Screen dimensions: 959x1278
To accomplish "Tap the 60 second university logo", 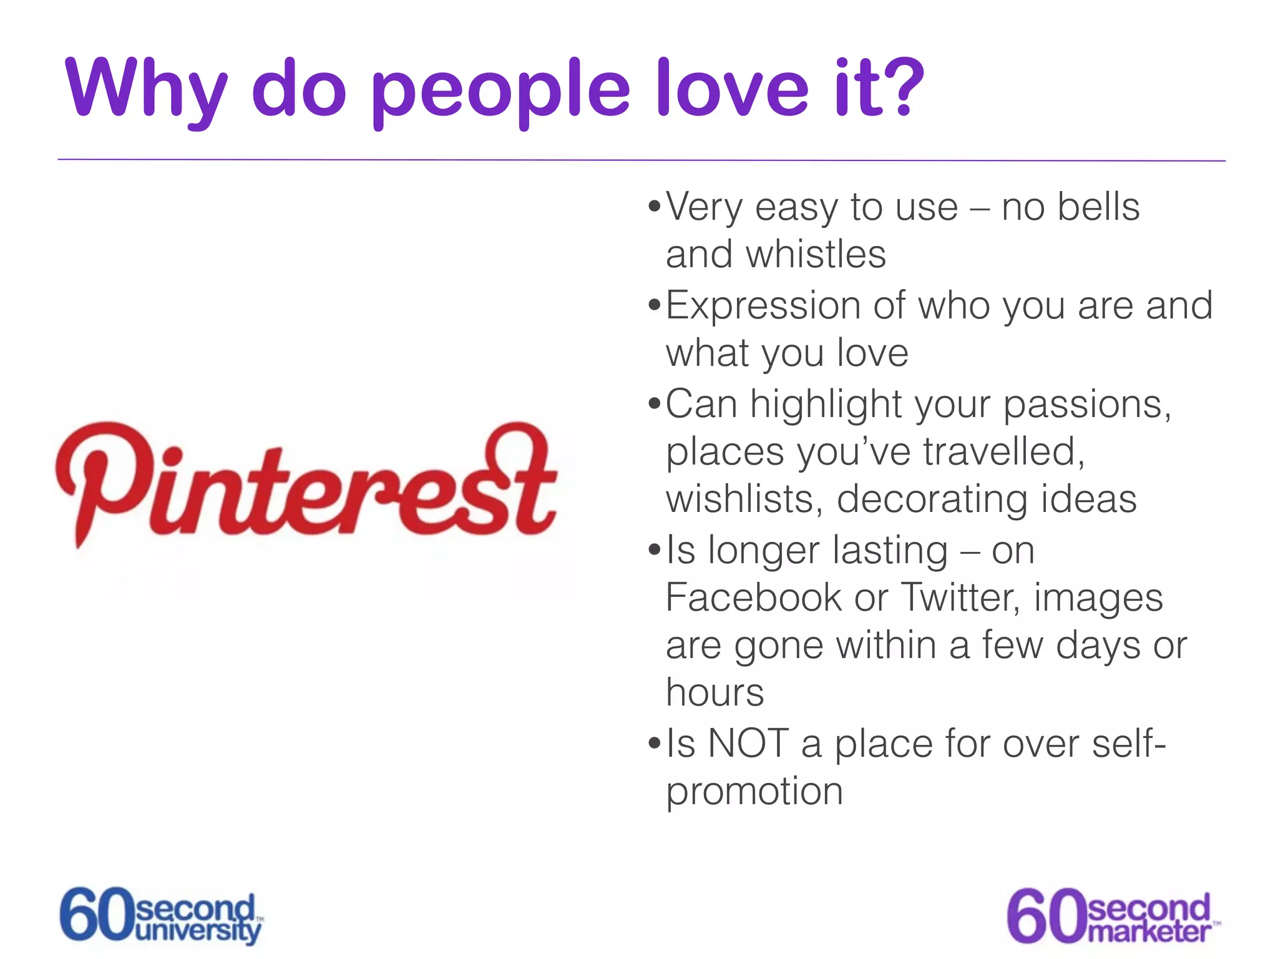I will tap(161, 915).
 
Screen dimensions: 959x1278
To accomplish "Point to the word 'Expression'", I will tap(763, 306).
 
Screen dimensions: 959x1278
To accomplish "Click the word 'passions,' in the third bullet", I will tap(1087, 405).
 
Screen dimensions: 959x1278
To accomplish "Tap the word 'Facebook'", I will tap(753, 598).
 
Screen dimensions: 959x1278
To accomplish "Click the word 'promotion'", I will tap(754, 792).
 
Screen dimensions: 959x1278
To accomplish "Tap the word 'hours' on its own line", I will tap(715, 693).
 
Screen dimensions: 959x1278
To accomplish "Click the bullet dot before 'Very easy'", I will tap(654, 206).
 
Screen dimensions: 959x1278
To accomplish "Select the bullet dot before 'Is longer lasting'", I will tap(654, 550).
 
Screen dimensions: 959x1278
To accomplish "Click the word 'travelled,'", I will tap(1004, 451).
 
